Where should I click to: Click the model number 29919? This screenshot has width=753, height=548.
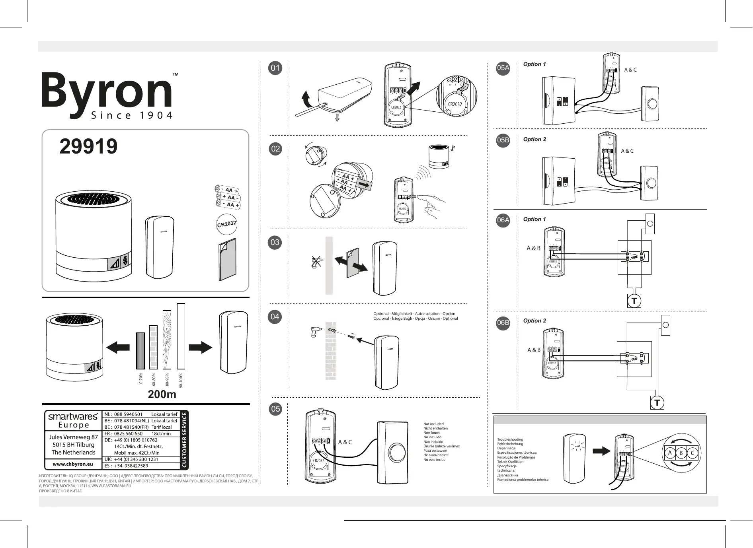pos(88,146)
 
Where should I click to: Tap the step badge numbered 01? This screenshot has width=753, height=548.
pos(275,68)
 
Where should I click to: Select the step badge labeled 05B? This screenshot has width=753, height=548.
pos(503,140)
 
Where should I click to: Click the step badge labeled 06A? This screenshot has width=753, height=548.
pos(503,220)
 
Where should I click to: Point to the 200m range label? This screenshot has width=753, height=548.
pos(162,394)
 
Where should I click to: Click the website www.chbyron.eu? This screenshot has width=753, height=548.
pos(73,464)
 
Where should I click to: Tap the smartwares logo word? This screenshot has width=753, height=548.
pos(73,416)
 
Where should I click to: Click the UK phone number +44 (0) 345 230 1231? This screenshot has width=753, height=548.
pos(136,459)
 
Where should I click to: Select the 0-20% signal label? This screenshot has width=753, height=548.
pos(140,379)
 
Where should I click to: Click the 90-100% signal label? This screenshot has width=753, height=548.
pos(181,380)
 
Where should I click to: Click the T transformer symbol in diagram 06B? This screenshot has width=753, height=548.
pos(657,403)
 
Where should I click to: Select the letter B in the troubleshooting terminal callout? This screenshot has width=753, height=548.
pos(681,453)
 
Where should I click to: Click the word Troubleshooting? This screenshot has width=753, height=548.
pos(510,439)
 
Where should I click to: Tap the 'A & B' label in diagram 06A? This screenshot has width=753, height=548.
pos(533,248)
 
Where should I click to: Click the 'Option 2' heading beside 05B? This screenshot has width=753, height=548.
pos(535,139)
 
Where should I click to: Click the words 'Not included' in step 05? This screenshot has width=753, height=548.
pos(433,424)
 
